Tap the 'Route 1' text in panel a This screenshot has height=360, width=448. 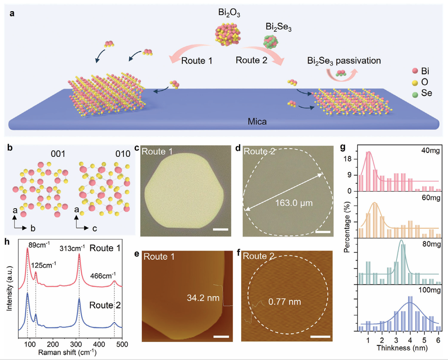196,60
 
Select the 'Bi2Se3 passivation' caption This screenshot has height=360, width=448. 344,61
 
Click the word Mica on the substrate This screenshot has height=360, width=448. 258,122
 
